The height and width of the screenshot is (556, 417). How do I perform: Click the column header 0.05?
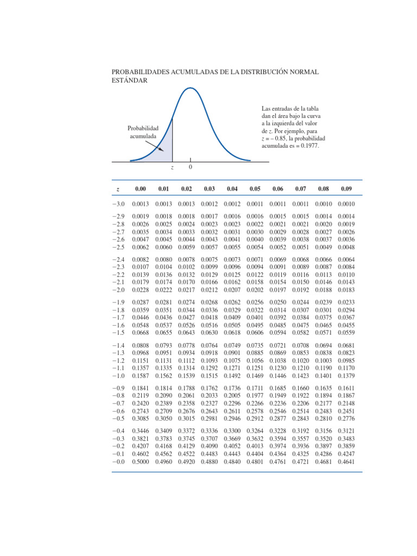click(x=255, y=189)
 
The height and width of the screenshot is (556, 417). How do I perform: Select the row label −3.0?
click(x=118, y=204)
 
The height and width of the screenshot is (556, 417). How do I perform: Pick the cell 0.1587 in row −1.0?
click(x=141, y=375)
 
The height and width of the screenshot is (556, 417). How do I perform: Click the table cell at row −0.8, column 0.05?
click(x=255, y=396)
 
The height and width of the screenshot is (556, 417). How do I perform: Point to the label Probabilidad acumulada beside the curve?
click(x=143, y=132)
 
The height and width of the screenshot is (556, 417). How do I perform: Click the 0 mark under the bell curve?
click(x=190, y=167)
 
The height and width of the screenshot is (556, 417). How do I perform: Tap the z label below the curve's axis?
click(x=172, y=168)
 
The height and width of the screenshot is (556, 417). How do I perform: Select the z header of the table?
click(x=118, y=189)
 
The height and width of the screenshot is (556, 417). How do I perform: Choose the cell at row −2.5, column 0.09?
click(x=346, y=247)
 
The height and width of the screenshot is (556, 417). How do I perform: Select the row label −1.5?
click(x=118, y=333)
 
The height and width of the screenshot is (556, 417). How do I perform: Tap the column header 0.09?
click(x=346, y=189)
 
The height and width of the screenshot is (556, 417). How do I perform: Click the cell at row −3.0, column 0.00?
click(x=141, y=204)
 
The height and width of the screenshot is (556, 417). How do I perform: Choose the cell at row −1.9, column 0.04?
click(x=232, y=302)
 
